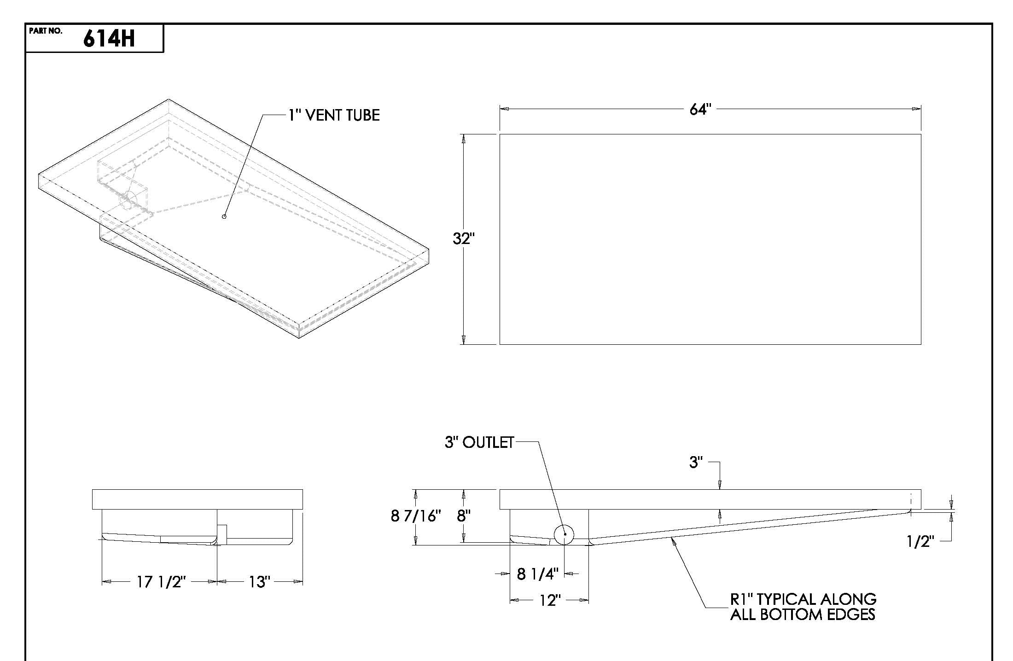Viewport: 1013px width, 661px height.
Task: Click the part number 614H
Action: point(109,39)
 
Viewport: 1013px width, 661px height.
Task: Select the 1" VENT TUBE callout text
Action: point(334,115)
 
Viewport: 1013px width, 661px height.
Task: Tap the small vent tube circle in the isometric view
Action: point(224,216)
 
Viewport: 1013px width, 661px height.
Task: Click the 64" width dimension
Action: point(700,110)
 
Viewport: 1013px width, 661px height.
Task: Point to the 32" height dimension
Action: point(463,239)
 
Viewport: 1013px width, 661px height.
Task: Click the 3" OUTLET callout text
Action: point(479,442)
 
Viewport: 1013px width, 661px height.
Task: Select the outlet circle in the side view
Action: point(564,534)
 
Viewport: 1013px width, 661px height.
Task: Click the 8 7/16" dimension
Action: point(416,516)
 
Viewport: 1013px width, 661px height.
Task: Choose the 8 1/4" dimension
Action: point(537,574)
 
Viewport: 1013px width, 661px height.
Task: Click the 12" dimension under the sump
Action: point(548,601)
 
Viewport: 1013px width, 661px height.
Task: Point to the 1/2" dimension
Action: point(920,541)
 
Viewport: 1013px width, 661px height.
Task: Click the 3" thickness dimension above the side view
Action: point(696,462)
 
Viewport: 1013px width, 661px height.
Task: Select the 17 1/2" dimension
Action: point(161,582)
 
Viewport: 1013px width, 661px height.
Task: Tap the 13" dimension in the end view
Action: point(258,582)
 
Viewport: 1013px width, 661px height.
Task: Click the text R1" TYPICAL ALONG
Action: point(803,599)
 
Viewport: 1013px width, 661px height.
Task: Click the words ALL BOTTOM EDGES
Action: point(802,615)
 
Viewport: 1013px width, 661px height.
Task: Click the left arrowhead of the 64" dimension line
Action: point(504,109)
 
